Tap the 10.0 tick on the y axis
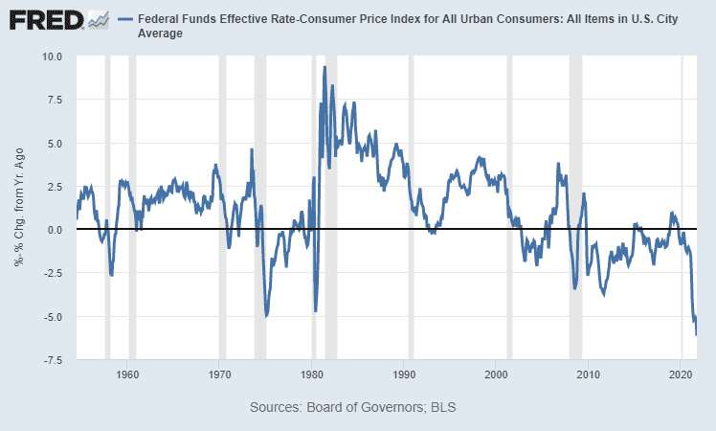tap(51, 57)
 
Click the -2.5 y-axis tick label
tap(53, 274)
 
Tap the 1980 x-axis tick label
tap(312, 374)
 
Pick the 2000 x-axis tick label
tap(497, 374)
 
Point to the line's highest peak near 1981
tap(324, 67)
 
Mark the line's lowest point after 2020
tap(696, 334)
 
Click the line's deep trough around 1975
tap(266, 315)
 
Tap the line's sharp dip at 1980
tap(315, 310)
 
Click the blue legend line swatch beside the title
tap(126, 19)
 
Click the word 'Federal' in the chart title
tap(163, 19)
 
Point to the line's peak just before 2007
tap(558, 164)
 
